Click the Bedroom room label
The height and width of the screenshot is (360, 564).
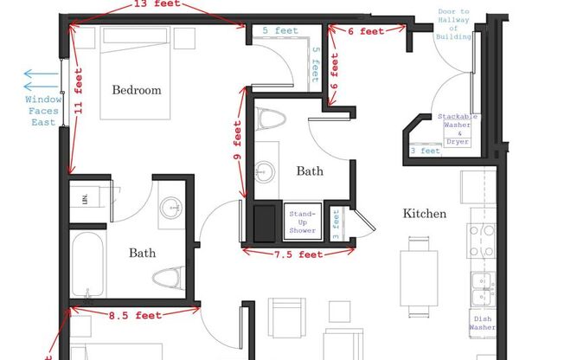pyautogui.click(x=137, y=90)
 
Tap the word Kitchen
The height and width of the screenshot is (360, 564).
pyautogui.click(x=424, y=213)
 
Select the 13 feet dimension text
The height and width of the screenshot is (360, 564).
pyautogui.click(x=157, y=4)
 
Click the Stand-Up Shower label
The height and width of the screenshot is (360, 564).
pyautogui.click(x=302, y=221)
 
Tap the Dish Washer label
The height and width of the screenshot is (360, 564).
pyautogui.click(x=482, y=322)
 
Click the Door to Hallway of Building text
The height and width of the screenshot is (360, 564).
pyautogui.click(x=455, y=24)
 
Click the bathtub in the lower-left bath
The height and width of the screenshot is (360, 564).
pyautogui.click(x=87, y=263)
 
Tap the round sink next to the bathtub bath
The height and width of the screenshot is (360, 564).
pyautogui.click(x=171, y=207)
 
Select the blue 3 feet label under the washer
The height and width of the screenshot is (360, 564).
pyautogui.click(x=425, y=151)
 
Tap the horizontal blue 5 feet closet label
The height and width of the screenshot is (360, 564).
pyautogui.click(x=280, y=30)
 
